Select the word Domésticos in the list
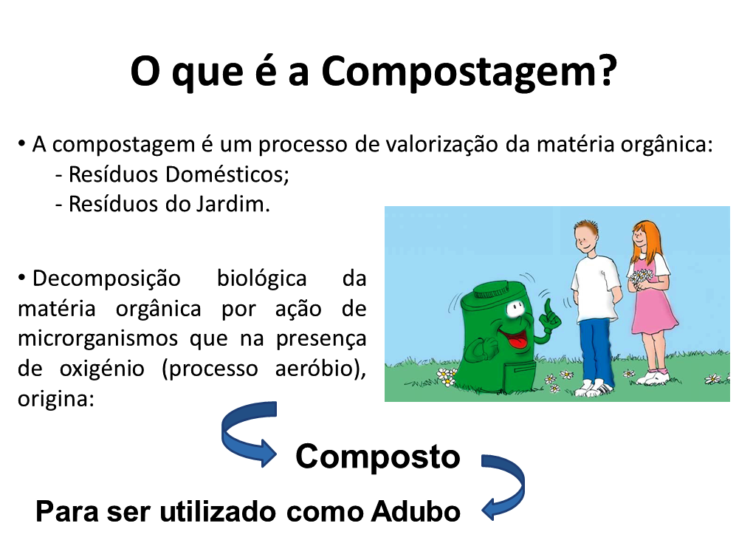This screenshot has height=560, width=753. tap(227, 174)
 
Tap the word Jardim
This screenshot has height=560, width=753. tap(233, 204)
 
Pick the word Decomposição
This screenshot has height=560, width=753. tap(106, 279)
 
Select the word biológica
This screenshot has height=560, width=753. tap(262, 279)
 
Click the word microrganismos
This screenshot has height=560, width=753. tap(98, 339)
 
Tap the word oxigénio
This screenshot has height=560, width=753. tap(102, 369)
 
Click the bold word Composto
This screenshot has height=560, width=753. tap(377, 457)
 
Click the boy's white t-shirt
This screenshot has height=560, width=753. tap(594, 288)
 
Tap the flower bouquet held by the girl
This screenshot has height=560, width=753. tap(642, 277)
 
